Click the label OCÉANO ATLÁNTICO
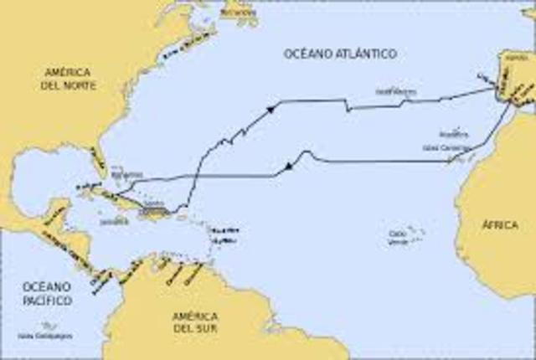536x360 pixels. pyautogui.click(x=339, y=54)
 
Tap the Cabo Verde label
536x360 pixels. pyautogui.click(x=399, y=238)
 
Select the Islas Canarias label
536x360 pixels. pyautogui.click(x=442, y=147)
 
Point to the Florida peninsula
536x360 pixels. pyautogui.click(x=99, y=163)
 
